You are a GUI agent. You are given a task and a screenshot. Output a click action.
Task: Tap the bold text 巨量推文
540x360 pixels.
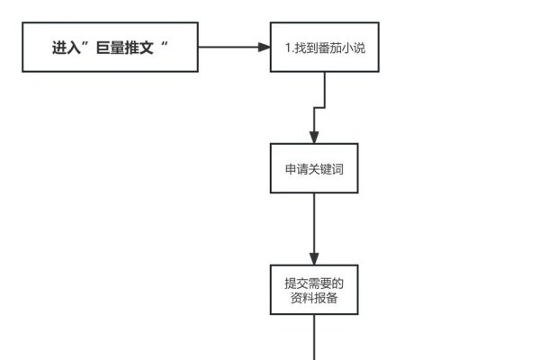(121, 48)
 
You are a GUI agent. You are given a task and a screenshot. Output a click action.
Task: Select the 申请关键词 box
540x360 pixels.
(314, 168)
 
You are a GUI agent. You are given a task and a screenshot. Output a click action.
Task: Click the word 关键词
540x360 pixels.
(324, 168)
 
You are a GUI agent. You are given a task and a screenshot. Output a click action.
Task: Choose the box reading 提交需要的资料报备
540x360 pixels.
(314, 290)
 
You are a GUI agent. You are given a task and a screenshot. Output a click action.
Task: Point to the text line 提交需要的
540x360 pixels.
(314, 283)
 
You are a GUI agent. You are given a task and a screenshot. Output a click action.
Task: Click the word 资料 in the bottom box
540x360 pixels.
(302, 298)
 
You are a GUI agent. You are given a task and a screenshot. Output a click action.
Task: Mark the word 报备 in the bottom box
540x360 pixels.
(327, 298)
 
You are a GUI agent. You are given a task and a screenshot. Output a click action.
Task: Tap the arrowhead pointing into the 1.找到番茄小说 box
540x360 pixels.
(265, 48)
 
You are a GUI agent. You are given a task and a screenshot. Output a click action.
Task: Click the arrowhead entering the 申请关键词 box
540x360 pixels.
(314, 138)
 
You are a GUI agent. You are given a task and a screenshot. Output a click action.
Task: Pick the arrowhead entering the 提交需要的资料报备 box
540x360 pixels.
(314, 259)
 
